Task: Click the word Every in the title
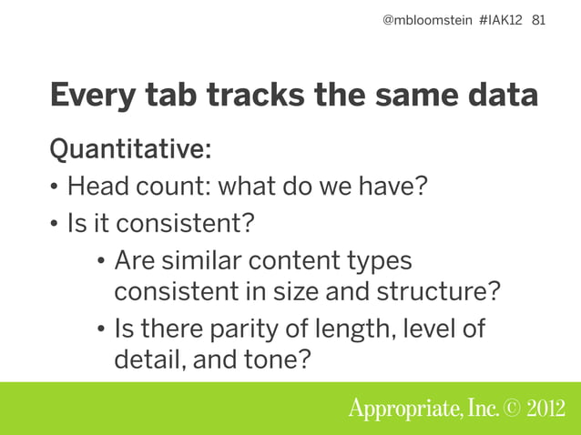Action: point(90,96)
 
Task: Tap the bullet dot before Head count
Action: point(55,187)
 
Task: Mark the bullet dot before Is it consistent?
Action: point(55,224)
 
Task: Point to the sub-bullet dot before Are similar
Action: point(100,262)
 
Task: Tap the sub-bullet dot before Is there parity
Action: point(100,329)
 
